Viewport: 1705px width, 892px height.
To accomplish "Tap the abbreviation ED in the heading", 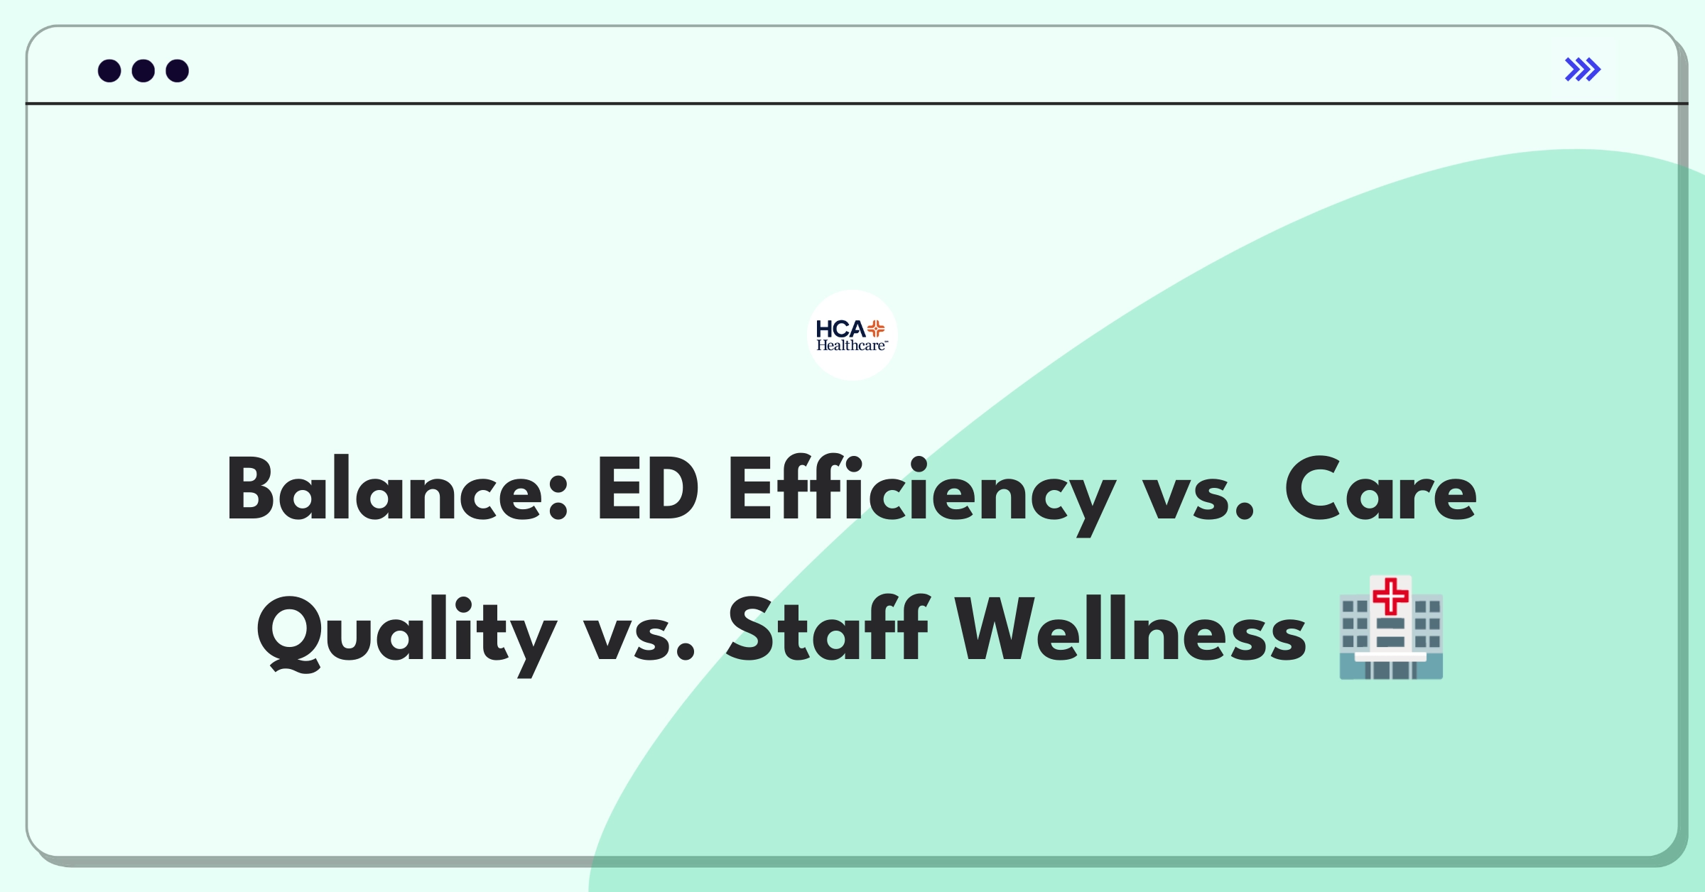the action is click(x=648, y=489).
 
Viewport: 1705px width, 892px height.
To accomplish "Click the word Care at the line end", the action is click(x=1381, y=489).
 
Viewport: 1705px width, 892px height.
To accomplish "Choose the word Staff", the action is click(x=828, y=629).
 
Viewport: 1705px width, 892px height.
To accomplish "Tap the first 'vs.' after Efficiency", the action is click(x=1198, y=497).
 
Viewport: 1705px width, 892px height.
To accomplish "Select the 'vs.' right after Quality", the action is click(x=639, y=638).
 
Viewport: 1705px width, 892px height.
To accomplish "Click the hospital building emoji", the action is click(x=1391, y=628).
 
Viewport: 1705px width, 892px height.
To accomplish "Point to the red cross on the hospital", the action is click(x=1390, y=596).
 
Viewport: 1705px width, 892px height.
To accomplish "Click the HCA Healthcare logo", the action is click(x=852, y=335).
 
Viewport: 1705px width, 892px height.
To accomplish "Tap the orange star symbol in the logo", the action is click(x=876, y=329).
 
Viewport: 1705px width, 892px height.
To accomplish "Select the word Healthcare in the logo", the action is click(x=851, y=346).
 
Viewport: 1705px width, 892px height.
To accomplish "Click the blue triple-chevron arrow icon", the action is click(x=1583, y=70).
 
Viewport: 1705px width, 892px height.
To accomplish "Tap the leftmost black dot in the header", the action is click(x=109, y=70).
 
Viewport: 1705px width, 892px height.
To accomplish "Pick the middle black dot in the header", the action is click(x=144, y=70).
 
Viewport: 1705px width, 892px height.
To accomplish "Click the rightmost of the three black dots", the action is click(x=178, y=70).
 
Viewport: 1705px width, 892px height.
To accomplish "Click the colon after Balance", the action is click(x=559, y=497).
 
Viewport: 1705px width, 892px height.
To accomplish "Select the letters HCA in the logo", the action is click(x=840, y=329).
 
